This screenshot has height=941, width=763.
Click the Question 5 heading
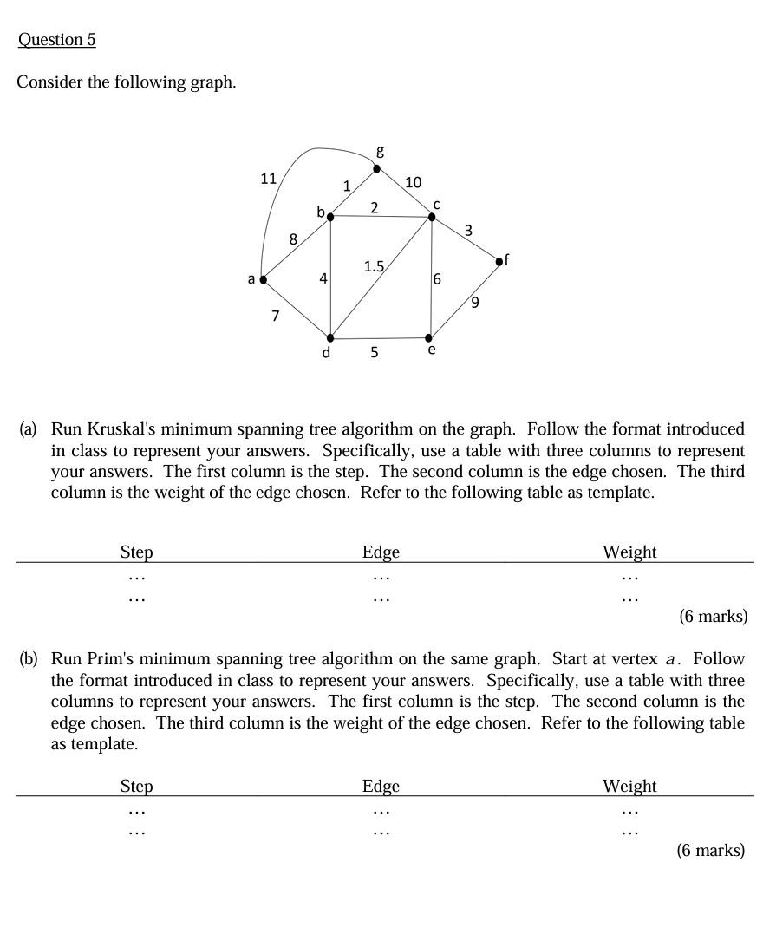pyautogui.click(x=56, y=40)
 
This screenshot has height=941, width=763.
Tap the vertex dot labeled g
pyautogui.click(x=376, y=168)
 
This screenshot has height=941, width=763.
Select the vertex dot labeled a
pyautogui.click(x=263, y=280)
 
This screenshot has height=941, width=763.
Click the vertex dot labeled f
pyautogui.click(x=499, y=260)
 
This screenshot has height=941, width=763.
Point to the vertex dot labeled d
pyautogui.click(x=329, y=338)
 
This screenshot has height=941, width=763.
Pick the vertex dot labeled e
pyautogui.click(x=429, y=337)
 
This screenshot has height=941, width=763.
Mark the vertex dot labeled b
pyautogui.click(x=329, y=217)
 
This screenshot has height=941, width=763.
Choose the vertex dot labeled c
pyautogui.click(x=432, y=217)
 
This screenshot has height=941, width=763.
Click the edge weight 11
pyautogui.click(x=269, y=179)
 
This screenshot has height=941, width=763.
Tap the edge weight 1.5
pyautogui.click(x=374, y=267)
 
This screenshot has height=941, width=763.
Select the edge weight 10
pyautogui.click(x=413, y=182)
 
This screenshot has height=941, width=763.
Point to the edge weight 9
pyautogui.click(x=474, y=303)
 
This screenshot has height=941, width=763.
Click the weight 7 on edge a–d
pyautogui.click(x=276, y=316)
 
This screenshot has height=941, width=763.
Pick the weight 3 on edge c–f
pyautogui.click(x=468, y=231)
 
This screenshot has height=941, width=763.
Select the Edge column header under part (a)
pyautogui.click(x=381, y=552)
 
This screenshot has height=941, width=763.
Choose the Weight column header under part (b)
pyautogui.click(x=629, y=786)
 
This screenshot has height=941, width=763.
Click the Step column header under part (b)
pyautogui.click(x=136, y=786)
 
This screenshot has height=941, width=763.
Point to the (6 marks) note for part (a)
pyautogui.click(x=712, y=617)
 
